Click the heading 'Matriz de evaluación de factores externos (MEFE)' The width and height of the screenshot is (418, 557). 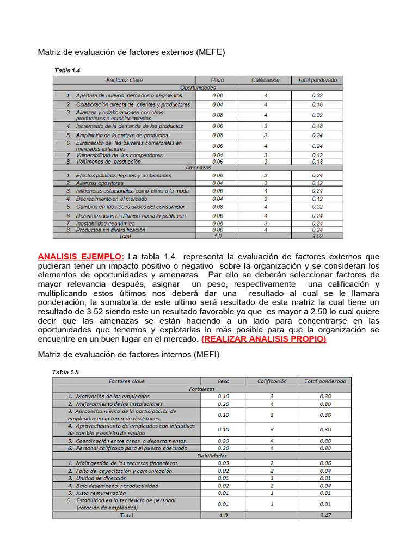click(x=131, y=52)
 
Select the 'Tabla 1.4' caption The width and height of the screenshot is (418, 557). click(x=67, y=70)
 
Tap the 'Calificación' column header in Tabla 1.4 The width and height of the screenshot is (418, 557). click(x=265, y=80)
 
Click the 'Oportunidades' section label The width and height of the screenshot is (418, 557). click(x=198, y=87)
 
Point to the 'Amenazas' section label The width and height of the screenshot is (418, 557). click(x=198, y=168)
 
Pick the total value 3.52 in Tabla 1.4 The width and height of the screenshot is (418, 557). click(x=317, y=237)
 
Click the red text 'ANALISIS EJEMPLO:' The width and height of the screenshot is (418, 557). click(x=81, y=257)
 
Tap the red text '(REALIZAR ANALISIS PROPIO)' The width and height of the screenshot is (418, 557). click(x=263, y=339)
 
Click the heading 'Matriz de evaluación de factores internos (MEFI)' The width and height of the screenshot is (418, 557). click(x=129, y=355)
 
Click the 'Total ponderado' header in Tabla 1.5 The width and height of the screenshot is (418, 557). click(x=325, y=381)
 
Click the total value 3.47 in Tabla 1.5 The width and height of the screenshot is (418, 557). click(x=325, y=515)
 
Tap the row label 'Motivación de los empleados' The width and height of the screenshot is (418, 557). click(x=112, y=397)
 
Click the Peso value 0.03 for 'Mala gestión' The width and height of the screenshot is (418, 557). click(x=223, y=463)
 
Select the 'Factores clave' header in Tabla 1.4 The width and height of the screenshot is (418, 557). click(x=125, y=80)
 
